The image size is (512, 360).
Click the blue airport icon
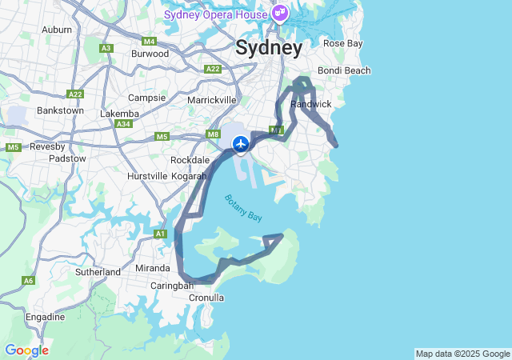[x=241, y=144]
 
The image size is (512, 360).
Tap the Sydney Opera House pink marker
[x=279, y=13]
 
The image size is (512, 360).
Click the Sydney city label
[x=269, y=48]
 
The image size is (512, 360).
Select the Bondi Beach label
[x=344, y=70]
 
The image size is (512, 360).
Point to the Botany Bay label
[x=243, y=209]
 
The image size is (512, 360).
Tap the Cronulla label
[x=206, y=298]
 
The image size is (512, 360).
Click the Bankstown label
[x=60, y=110]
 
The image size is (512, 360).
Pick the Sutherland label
[x=98, y=272]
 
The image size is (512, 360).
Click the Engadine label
[x=45, y=317]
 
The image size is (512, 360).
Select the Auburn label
[x=57, y=30]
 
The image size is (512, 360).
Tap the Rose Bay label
[x=342, y=43]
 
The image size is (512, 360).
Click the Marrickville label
[x=211, y=100]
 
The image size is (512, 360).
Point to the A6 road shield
[x=29, y=281]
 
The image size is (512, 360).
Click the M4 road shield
[x=149, y=41]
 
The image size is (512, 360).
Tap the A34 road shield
[x=123, y=124]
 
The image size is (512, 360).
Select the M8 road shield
[x=213, y=134]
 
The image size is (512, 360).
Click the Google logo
[x=26, y=350]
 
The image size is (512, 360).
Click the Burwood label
[x=150, y=54]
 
